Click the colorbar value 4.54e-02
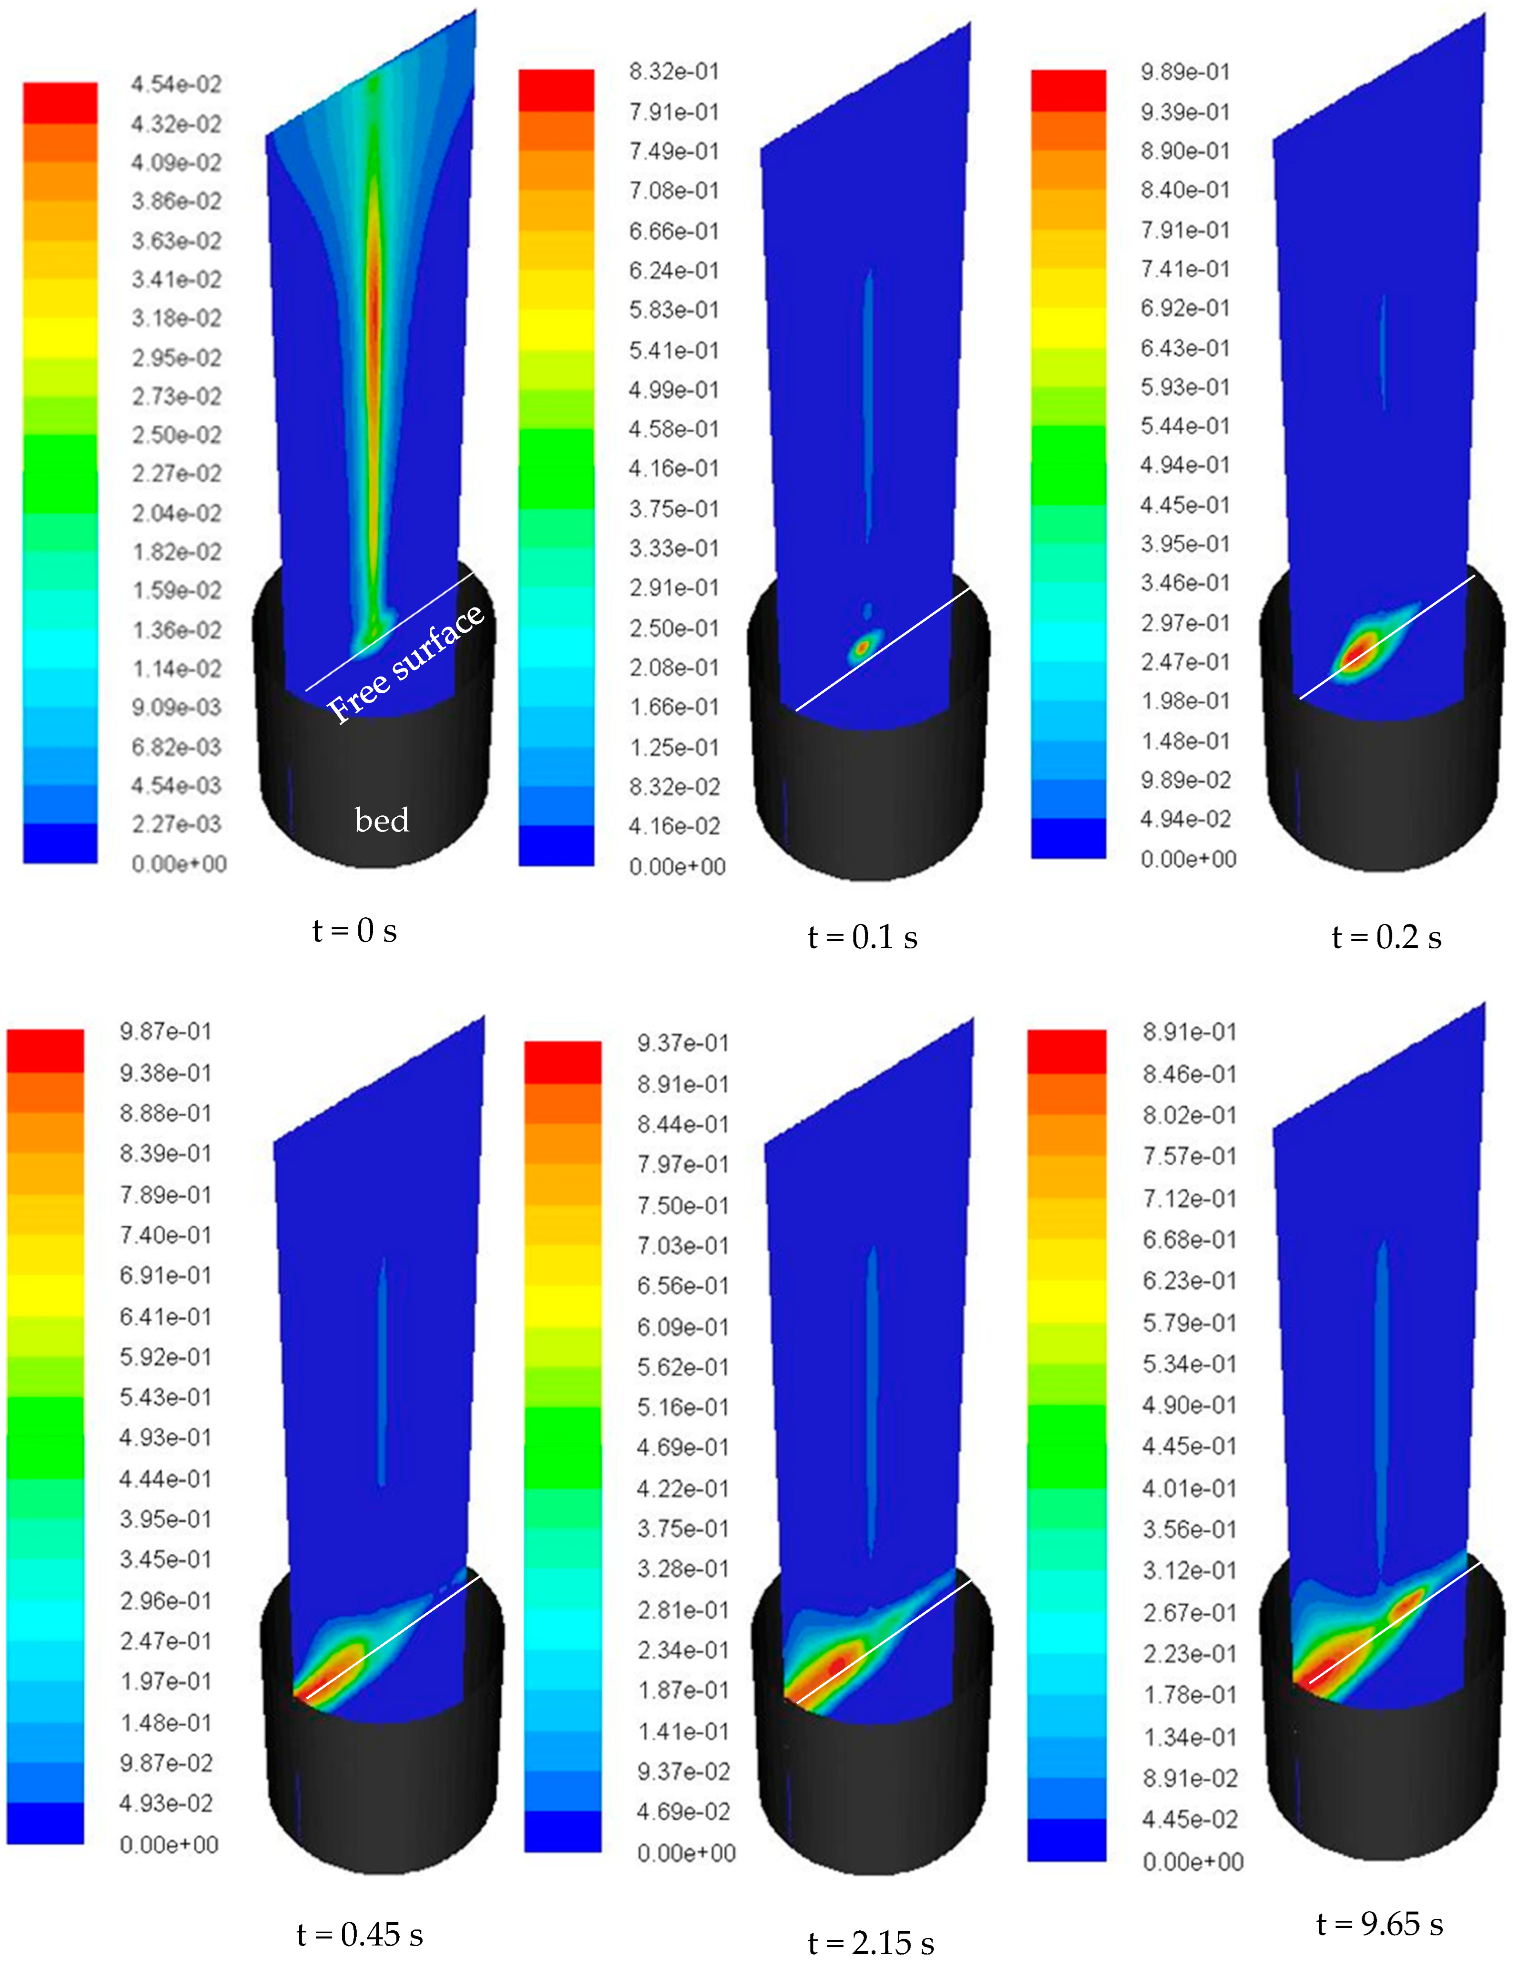(176, 84)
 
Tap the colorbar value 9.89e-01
(1185, 72)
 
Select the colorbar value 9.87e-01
(166, 1032)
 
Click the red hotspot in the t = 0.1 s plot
(864, 645)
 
